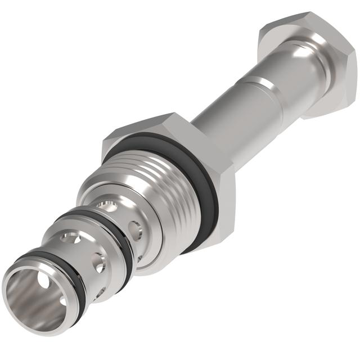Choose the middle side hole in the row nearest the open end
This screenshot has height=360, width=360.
click(100, 261)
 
